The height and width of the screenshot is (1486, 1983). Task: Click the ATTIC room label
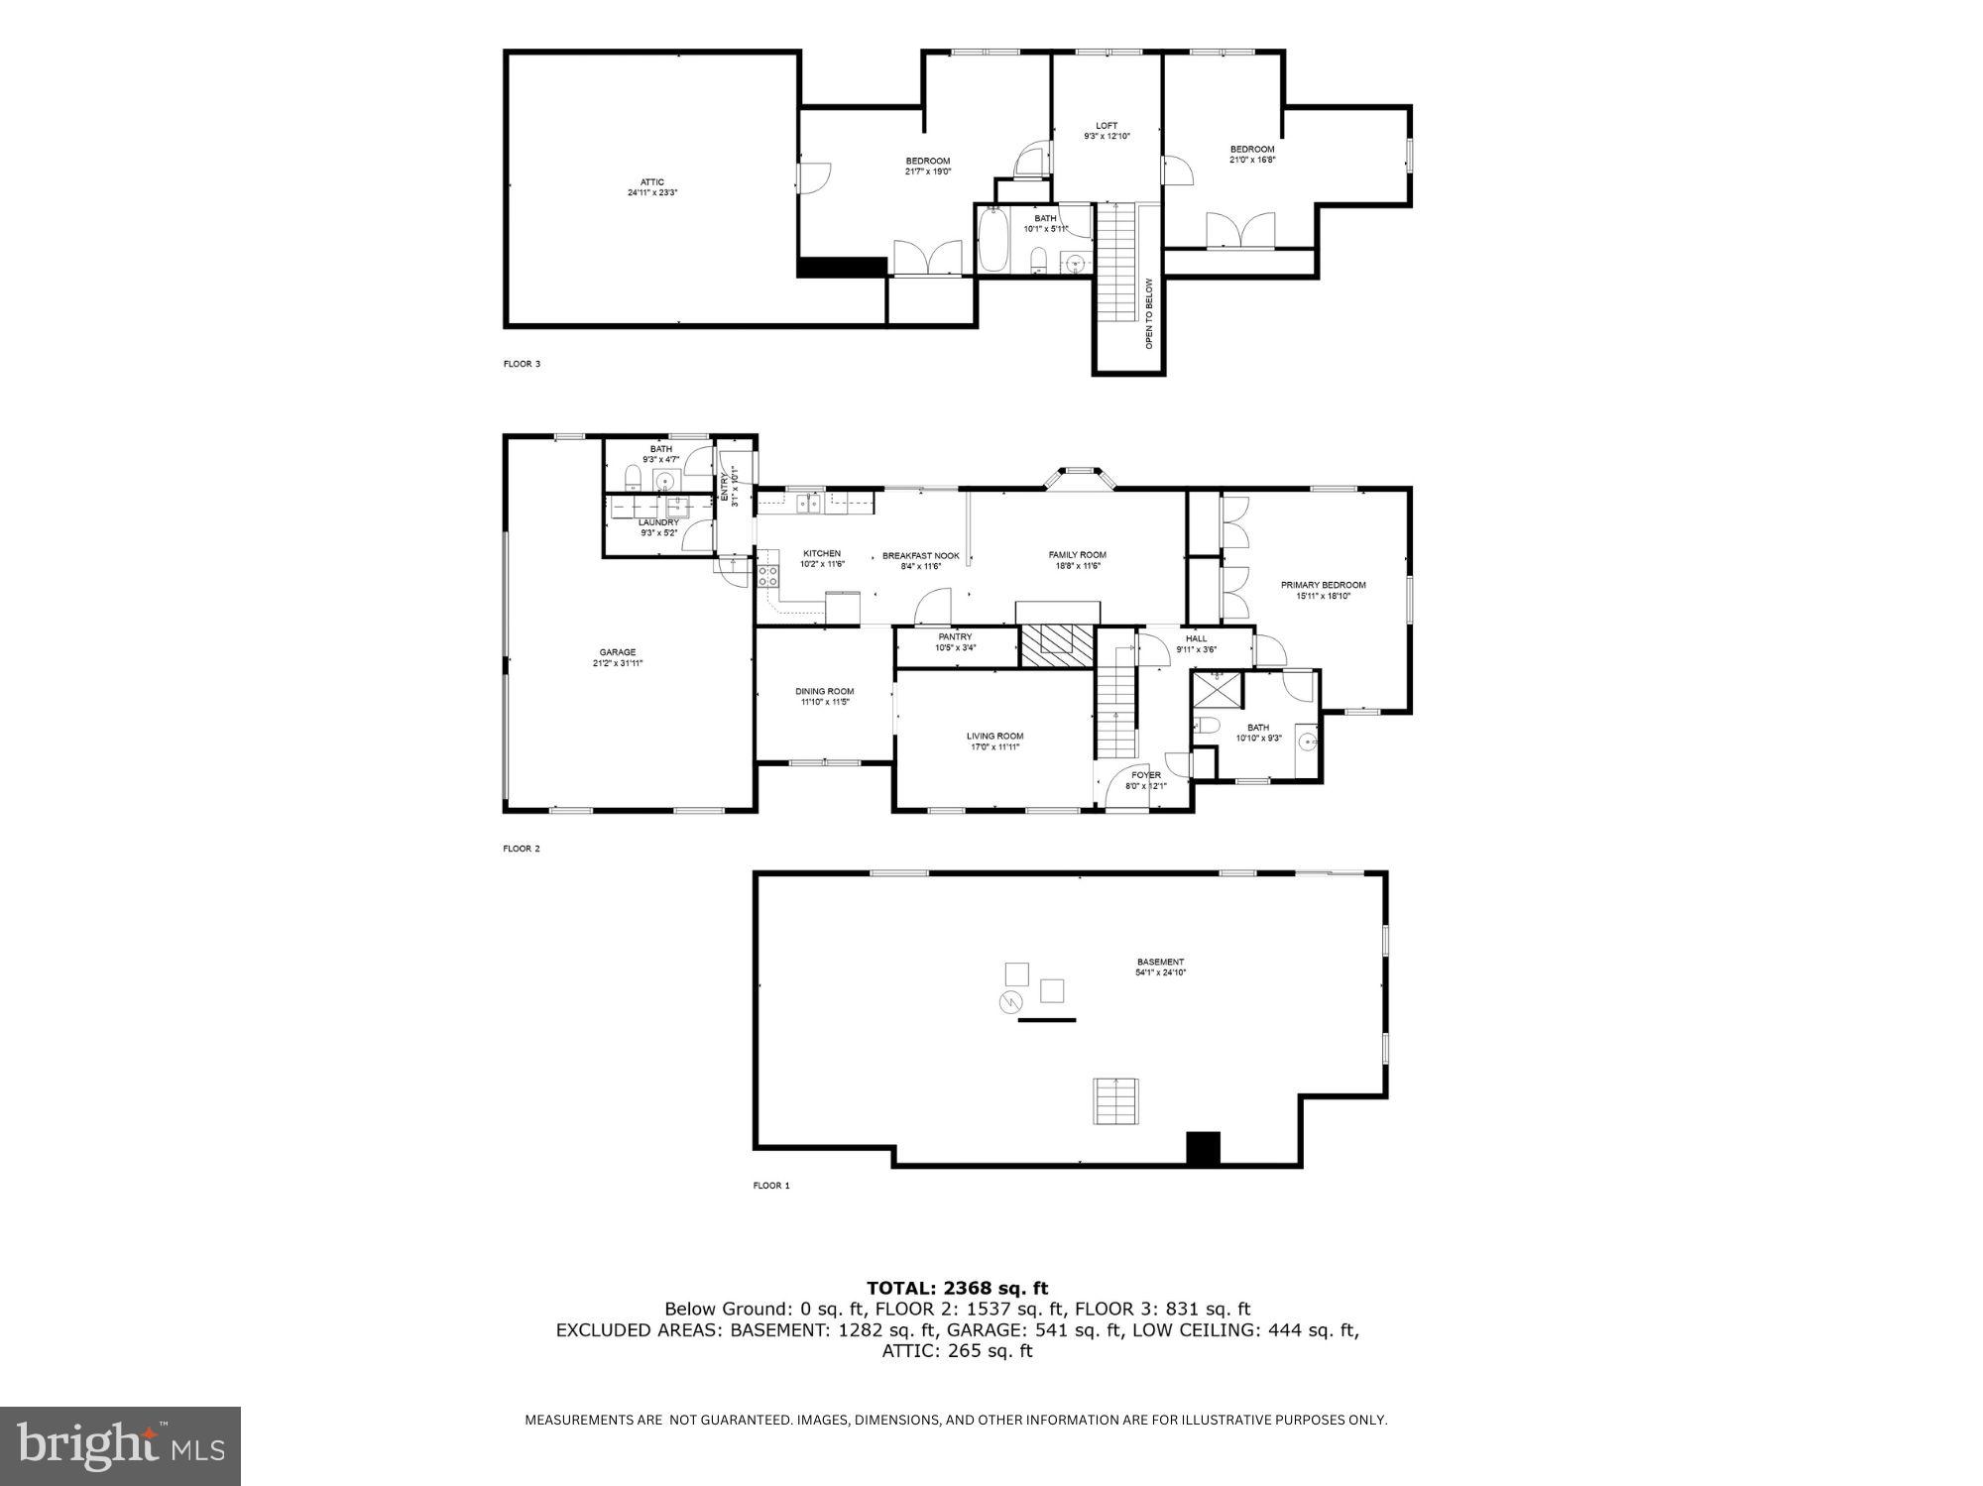[651, 182]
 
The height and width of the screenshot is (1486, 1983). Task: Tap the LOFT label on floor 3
[1107, 126]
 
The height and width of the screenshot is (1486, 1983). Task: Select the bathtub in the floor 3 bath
[993, 239]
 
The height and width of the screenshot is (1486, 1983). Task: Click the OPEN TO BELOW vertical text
[1149, 313]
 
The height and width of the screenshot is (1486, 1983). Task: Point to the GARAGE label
[618, 652]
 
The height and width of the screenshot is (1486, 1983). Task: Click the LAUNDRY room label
[658, 522]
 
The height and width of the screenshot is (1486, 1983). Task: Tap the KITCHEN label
[822, 554]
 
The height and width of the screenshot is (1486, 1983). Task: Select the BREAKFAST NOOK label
[920, 556]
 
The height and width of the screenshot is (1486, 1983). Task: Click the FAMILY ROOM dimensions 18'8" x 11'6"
[1077, 566]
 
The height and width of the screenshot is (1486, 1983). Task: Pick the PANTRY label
[956, 636]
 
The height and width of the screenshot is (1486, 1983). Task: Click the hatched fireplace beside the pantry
[1057, 645]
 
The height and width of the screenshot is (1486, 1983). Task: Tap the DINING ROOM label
[824, 691]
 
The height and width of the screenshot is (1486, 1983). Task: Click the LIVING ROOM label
[994, 736]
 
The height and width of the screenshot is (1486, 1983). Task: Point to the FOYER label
[1145, 775]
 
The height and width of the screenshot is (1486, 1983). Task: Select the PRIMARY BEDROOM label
[1323, 585]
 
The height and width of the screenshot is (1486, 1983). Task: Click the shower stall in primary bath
[1216, 690]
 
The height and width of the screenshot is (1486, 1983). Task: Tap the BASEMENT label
[1160, 962]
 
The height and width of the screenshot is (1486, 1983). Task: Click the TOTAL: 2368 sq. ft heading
[957, 1288]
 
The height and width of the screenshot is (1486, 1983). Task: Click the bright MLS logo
[120, 1445]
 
